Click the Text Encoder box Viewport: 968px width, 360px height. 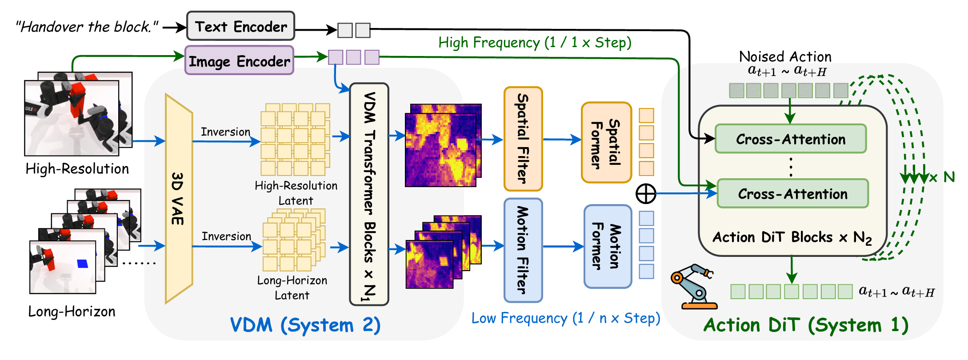pyautogui.click(x=240, y=26)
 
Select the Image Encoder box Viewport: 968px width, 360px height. pyautogui.click(x=239, y=60)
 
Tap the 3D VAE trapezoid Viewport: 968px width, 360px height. pyautogui.click(x=179, y=198)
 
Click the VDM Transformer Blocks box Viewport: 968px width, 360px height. pyautogui.click(x=369, y=194)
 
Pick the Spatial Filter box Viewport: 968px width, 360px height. pyautogui.click(x=523, y=139)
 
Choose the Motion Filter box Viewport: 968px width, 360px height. pyautogui.click(x=523, y=250)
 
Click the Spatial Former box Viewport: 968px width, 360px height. pyautogui.click(x=606, y=142)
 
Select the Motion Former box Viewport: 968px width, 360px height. pyautogui.click(x=608, y=246)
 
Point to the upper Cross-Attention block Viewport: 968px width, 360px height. pyautogui.click(x=791, y=139)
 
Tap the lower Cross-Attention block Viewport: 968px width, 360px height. pyautogui.click(x=792, y=194)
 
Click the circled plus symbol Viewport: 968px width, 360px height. pyautogui.click(x=646, y=194)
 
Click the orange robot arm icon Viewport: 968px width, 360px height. pyautogui.click(x=693, y=287)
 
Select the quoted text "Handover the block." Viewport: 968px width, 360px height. pyautogui.click(x=87, y=27)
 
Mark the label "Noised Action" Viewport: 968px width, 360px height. pyautogui.click(x=785, y=57)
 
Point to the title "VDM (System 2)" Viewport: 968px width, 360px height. pyautogui.click(x=305, y=325)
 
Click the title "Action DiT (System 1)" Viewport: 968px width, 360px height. pyautogui.click(x=806, y=325)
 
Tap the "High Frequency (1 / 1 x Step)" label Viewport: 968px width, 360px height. pyautogui.click(x=534, y=43)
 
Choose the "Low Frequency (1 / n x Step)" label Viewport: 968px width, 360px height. pyautogui.click(x=565, y=318)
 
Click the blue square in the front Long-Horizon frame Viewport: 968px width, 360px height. pyautogui.click(x=83, y=264)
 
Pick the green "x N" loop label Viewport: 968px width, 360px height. pyautogui.click(x=942, y=177)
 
